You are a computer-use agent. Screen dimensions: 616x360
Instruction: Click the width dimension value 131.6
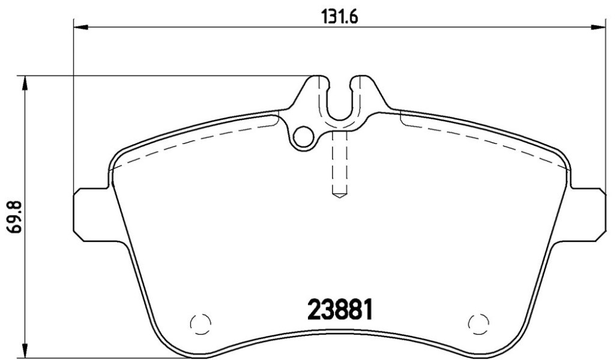click(x=340, y=17)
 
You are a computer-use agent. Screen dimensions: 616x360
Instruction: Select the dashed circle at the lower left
click(x=201, y=324)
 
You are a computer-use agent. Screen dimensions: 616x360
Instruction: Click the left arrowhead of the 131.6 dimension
click(x=80, y=26)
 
